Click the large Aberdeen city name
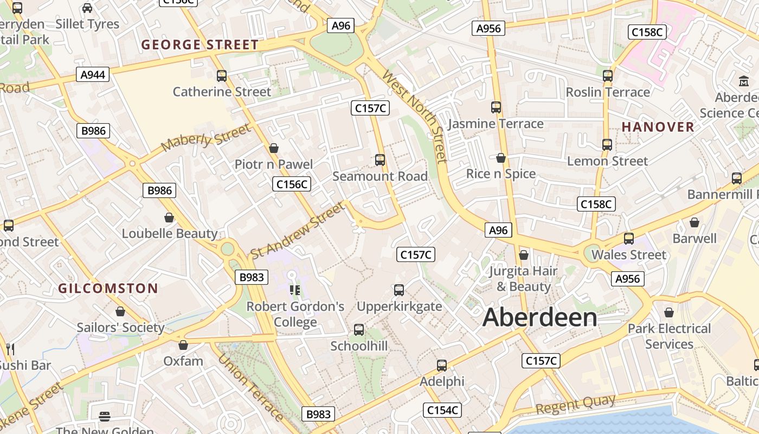539,317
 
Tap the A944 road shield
93,74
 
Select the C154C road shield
442,410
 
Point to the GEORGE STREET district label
200,45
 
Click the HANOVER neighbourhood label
658,127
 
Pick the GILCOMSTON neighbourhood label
108,289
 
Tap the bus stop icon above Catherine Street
221,76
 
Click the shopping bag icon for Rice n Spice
501,158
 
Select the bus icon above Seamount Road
379,160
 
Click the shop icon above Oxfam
183,345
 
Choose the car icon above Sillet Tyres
87,8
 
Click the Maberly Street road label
207,137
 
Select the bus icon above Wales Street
628,239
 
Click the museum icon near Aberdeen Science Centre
743,82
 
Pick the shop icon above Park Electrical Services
669,312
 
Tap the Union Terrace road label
250,387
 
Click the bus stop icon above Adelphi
442,366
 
